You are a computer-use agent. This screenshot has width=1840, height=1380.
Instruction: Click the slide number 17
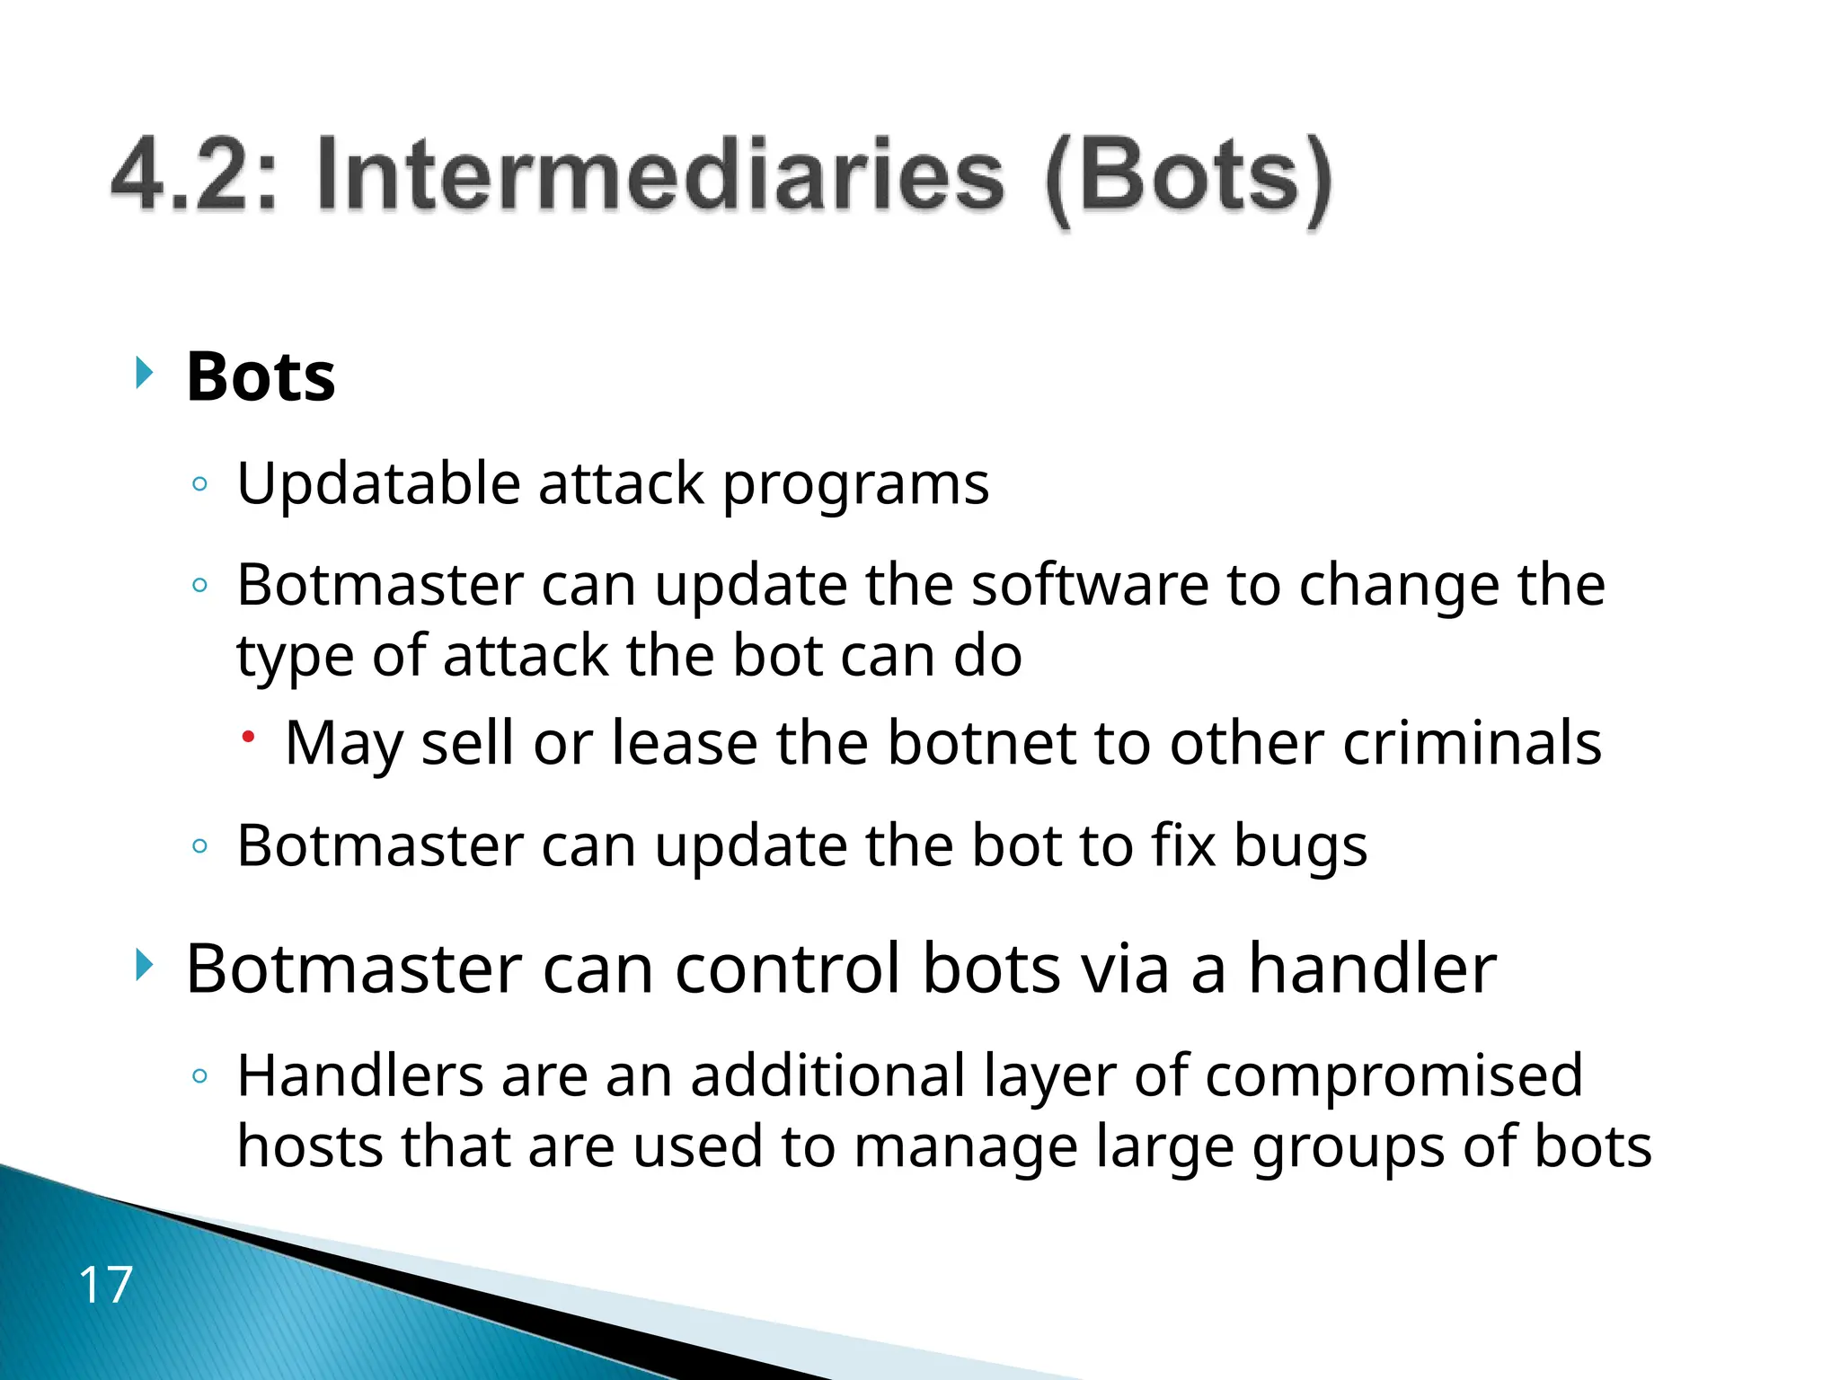(x=106, y=1284)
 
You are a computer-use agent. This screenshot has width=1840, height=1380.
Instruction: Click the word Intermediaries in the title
(x=659, y=175)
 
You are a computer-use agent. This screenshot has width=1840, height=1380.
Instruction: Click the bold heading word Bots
(x=261, y=376)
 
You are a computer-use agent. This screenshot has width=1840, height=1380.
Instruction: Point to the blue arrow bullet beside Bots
(x=144, y=372)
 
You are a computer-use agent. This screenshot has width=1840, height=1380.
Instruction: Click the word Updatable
(x=378, y=484)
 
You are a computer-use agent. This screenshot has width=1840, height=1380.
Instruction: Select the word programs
(x=855, y=486)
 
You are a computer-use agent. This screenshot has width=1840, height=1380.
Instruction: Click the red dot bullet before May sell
(x=249, y=737)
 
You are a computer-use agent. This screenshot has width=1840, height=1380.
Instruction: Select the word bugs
(x=1300, y=847)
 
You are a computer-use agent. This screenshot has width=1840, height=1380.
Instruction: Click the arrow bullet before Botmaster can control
(x=144, y=965)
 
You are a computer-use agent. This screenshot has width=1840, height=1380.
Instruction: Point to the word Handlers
(x=360, y=1075)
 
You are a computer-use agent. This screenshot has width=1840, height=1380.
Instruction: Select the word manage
(x=965, y=1148)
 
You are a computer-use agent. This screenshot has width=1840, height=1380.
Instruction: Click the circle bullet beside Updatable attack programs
(x=200, y=485)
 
